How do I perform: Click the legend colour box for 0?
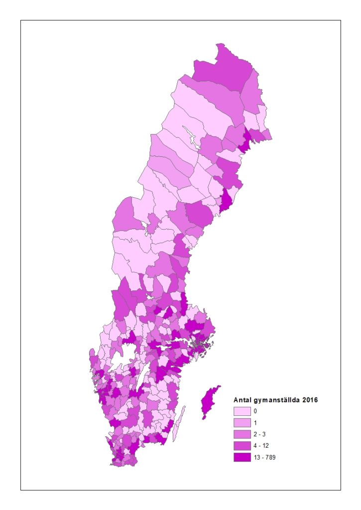(242, 411)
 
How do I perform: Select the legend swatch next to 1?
(242, 423)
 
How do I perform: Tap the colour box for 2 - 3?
(242, 434)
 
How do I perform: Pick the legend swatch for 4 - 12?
(242, 446)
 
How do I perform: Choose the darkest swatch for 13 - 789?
(242, 457)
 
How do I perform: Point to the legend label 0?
(255, 411)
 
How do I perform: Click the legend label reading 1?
(255, 423)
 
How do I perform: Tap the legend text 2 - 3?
(259, 434)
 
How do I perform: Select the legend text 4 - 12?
(260, 446)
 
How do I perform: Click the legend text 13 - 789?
(264, 457)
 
